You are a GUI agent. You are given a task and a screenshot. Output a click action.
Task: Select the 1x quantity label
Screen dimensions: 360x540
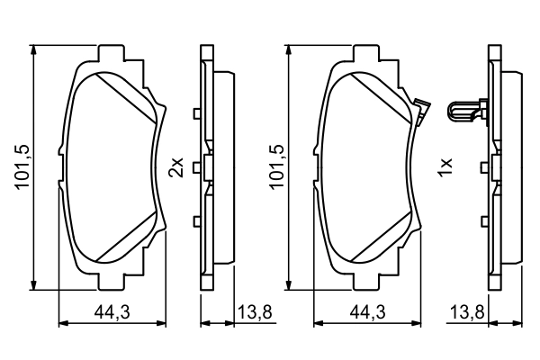pyautogui.click(x=442, y=166)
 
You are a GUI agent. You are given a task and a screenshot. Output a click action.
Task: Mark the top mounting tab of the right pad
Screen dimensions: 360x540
pyautogui.click(x=367, y=51)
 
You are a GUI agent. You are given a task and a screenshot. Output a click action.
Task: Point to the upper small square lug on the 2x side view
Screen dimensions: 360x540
pyautogui.click(x=196, y=112)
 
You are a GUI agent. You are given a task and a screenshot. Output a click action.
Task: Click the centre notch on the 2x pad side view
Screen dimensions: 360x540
pyautogui.click(x=206, y=166)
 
